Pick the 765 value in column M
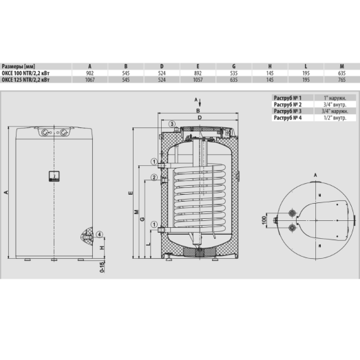click(341, 79)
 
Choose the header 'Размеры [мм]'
click(19, 66)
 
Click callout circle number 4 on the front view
click(100, 234)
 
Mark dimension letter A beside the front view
click(6, 192)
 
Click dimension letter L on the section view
click(149, 243)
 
